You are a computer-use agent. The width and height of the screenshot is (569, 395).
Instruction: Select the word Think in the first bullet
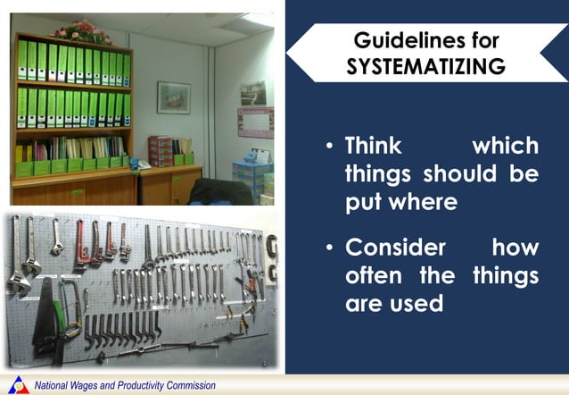[x=375, y=145]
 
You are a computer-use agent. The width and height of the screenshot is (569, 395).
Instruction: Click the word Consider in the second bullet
[x=393, y=246]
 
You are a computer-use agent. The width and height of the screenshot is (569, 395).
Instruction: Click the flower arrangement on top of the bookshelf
[x=81, y=30]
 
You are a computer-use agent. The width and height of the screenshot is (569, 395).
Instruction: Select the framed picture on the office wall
[x=173, y=97]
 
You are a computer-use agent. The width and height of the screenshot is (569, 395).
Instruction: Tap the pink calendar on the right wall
[x=254, y=121]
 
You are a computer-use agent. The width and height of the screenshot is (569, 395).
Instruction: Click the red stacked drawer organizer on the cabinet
[x=160, y=150]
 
